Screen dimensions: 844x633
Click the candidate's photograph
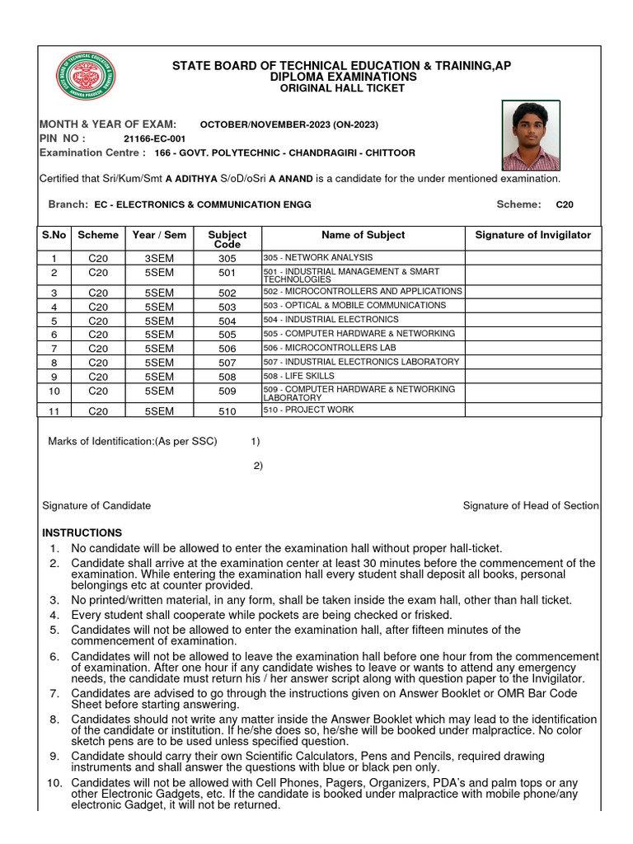pos(531,136)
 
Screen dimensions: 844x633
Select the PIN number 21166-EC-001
pos(154,139)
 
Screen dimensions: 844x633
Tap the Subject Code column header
pos(227,239)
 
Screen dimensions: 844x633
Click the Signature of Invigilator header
pos(532,235)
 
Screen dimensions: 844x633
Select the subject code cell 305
pos(227,259)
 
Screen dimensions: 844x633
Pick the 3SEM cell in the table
pos(159,259)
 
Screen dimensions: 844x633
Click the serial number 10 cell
pos(54,392)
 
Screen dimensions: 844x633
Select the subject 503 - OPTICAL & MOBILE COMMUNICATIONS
pos(354,306)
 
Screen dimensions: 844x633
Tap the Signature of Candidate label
pos(96,505)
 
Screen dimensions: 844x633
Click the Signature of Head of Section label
pos(531,505)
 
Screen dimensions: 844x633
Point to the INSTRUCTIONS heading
pos(82,533)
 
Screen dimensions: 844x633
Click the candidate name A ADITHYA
pos(196,179)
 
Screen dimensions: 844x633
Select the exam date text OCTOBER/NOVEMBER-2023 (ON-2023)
pos(289,124)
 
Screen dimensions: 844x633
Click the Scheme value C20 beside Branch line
pos(565,204)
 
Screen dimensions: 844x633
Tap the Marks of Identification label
pos(133,441)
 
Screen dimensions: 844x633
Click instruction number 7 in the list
pos(54,693)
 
